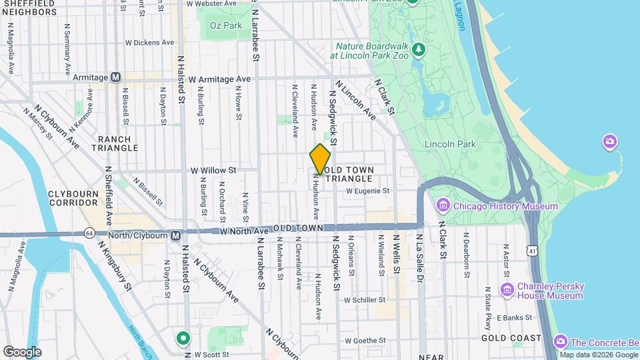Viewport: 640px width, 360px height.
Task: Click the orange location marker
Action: point(320,159)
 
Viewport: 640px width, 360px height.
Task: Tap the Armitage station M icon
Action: point(115,77)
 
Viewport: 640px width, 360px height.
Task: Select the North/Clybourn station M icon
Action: point(175,235)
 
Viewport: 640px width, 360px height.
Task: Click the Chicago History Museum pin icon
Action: point(442,206)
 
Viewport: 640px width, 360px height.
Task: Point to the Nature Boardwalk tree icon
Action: point(418,49)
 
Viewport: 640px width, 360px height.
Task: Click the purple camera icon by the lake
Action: point(609,141)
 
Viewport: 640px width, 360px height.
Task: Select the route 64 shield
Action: point(89,233)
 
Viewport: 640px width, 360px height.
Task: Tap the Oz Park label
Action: point(225,25)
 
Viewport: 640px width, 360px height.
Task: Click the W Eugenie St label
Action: point(367,191)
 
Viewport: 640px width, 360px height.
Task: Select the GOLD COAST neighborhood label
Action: point(511,338)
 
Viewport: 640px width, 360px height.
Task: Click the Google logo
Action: point(22,351)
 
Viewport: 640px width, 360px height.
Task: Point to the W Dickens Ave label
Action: point(149,42)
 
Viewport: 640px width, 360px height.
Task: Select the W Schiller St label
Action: point(364,300)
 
